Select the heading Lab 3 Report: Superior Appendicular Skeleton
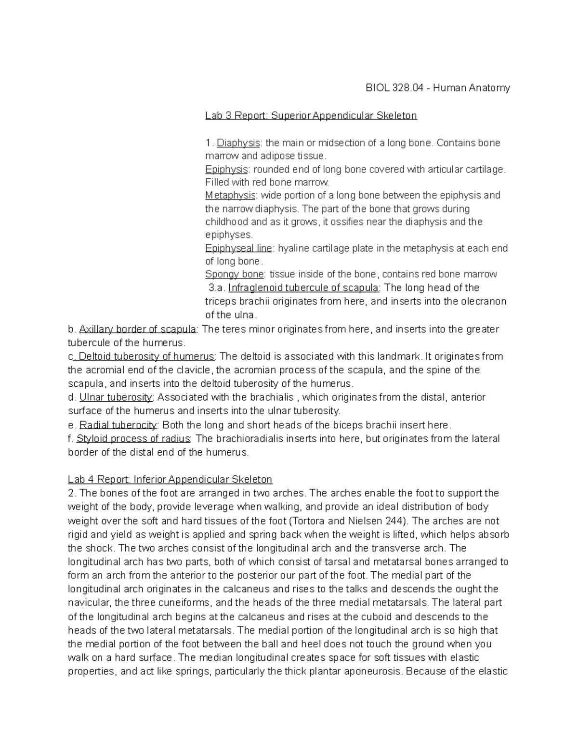click(x=311, y=116)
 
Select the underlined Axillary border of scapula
click(x=137, y=329)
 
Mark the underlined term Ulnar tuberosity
click(x=116, y=397)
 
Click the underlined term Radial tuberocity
click(x=118, y=425)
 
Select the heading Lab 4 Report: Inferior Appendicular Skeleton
click(x=170, y=480)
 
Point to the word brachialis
click(x=271, y=397)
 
